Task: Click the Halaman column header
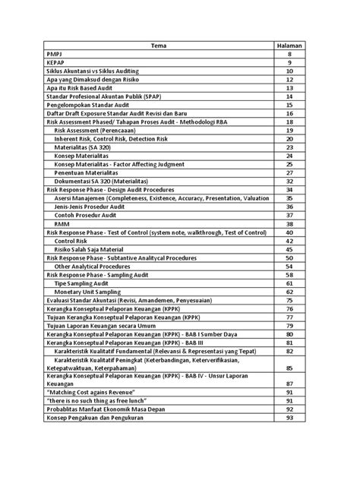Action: click(289, 46)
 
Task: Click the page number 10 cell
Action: click(289, 71)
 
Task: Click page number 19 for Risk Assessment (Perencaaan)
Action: click(289, 130)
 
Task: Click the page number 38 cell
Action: click(289, 223)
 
